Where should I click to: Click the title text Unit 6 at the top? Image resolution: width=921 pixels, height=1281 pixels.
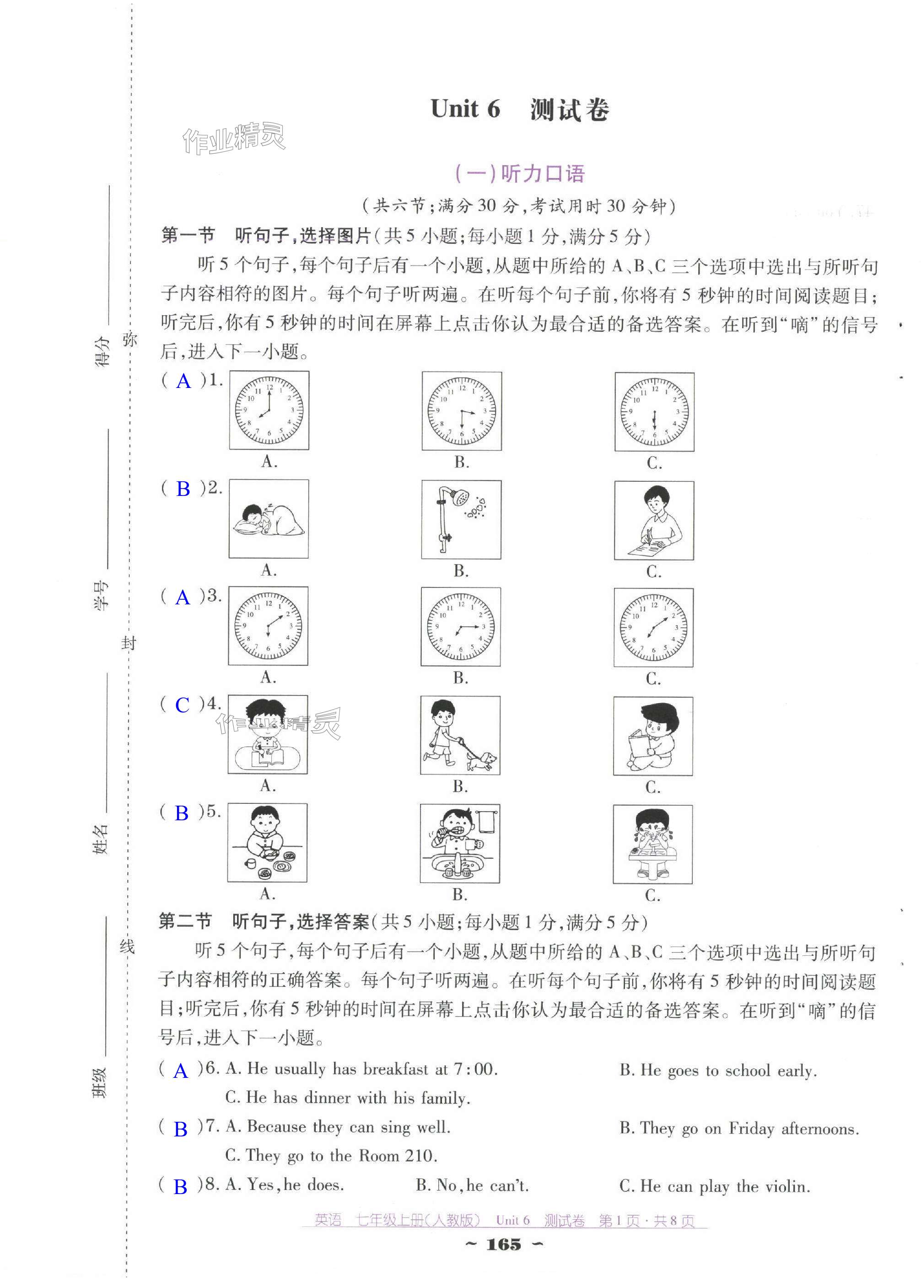465,108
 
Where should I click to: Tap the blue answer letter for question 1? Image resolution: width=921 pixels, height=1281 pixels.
183,381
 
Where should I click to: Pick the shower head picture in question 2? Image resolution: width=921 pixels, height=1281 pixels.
461,520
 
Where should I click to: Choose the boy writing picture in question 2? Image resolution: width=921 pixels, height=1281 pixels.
654,520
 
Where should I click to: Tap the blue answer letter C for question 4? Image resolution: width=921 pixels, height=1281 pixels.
183,705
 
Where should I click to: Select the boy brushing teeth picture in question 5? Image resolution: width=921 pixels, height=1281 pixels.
460,843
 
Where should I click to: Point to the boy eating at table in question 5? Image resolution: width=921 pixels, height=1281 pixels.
267,843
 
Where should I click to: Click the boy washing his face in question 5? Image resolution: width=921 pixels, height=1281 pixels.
653,844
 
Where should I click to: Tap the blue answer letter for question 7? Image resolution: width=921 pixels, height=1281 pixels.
181,1129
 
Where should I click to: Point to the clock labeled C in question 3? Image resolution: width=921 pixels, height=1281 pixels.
653,627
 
